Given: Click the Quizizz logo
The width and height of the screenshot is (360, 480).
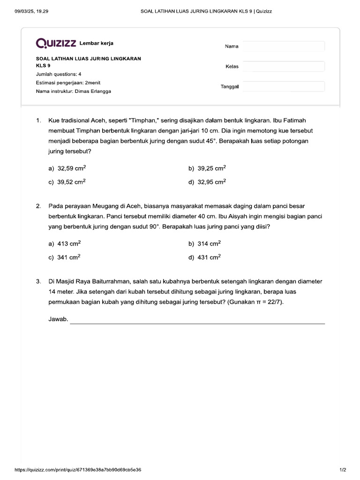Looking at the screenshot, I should coord(56,44).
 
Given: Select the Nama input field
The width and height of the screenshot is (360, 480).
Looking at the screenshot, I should coord(284,46).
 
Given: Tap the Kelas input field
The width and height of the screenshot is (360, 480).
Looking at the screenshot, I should coord(284,66).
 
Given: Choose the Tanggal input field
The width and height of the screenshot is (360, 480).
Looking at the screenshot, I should coord(284,86).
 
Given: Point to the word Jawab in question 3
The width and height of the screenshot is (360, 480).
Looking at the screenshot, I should coord(58,320).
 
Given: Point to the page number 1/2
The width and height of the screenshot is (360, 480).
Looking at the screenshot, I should coord(342,469).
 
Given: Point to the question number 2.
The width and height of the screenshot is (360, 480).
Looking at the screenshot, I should coord(38,206).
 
